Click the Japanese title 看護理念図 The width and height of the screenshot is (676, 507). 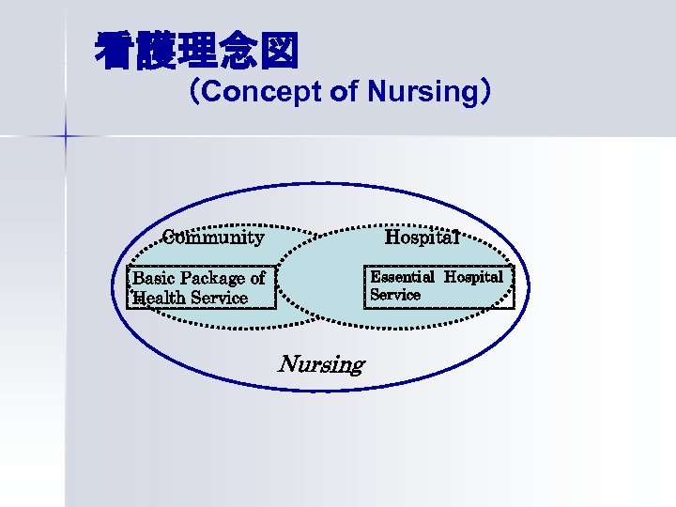[x=196, y=52]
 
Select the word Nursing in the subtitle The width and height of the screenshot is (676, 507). [x=422, y=92]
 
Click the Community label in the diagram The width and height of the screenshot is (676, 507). [x=213, y=237]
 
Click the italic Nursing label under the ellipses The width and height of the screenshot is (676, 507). [x=321, y=363]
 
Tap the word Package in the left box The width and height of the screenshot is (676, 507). [x=213, y=278]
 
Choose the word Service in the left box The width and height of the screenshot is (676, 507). [x=220, y=298]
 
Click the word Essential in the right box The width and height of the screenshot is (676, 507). [x=402, y=277]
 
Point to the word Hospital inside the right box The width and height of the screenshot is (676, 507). [x=473, y=277]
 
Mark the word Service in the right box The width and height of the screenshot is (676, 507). [x=395, y=295]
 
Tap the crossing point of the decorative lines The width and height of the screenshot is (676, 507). [x=66, y=136]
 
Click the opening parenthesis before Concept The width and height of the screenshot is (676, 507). [x=193, y=92]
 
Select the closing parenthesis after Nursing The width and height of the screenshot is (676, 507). [x=484, y=92]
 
